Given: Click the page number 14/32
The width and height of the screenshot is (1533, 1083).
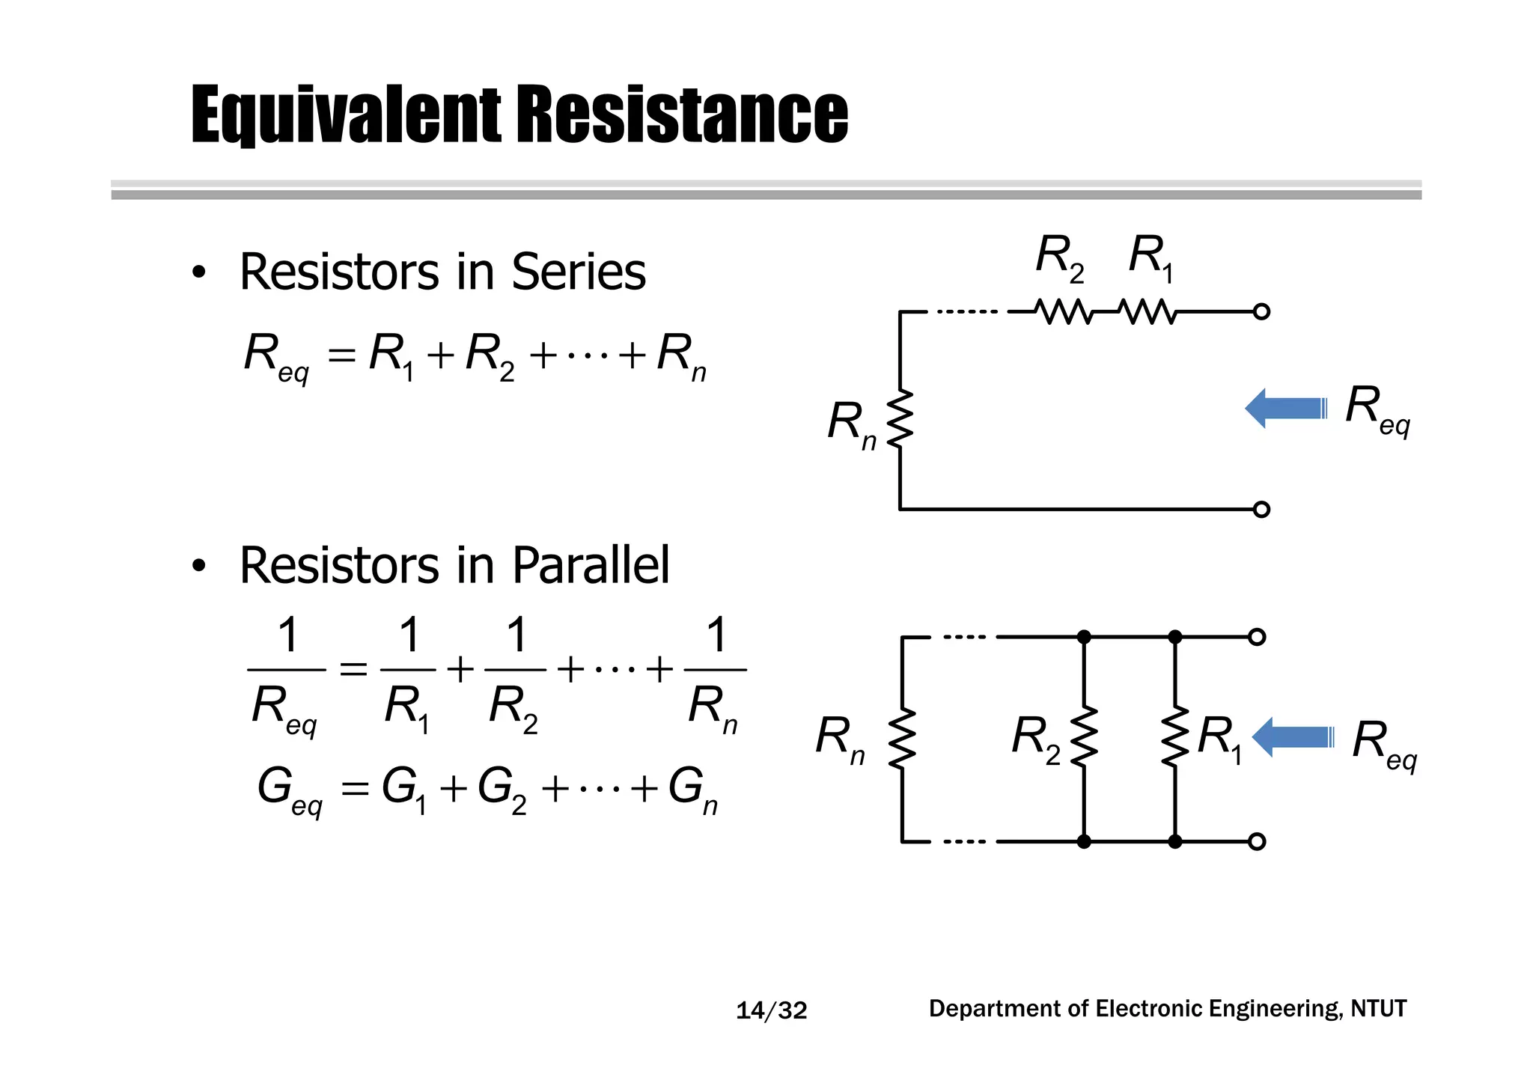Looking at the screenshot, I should pyautogui.click(x=772, y=1010).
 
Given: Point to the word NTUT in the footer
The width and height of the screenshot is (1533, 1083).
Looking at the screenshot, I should pyautogui.click(x=1379, y=1009).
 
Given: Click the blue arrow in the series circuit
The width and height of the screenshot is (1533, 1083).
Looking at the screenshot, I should pyautogui.click(x=1285, y=409).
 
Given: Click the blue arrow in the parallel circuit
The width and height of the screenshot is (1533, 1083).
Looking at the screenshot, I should pyautogui.click(x=1293, y=737).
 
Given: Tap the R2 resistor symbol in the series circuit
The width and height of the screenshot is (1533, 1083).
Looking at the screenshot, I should pyautogui.click(x=1064, y=311).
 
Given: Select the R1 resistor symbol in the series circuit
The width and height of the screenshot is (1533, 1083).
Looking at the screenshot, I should pyautogui.click(x=1148, y=311).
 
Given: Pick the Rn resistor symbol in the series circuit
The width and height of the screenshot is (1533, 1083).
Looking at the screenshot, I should pyautogui.click(x=900, y=419).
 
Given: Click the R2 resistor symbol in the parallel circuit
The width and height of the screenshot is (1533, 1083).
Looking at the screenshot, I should pyautogui.click(x=1084, y=737).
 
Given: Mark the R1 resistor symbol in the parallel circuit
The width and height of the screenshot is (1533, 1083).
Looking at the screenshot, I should pyautogui.click(x=1175, y=737).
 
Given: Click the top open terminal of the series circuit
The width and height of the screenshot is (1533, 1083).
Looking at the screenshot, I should pyautogui.click(x=1261, y=311).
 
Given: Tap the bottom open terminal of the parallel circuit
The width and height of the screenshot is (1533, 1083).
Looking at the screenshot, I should pyautogui.click(x=1258, y=841).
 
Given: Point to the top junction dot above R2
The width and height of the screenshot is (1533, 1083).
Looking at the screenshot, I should pyautogui.click(x=1084, y=637).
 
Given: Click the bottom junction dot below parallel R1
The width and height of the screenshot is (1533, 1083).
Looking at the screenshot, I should pyautogui.click(x=1175, y=841).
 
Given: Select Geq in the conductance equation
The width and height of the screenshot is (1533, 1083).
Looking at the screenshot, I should pyautogui.click(x=289, y=790).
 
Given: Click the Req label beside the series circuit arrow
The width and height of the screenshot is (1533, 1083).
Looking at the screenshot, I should pyautogui.click(x=1377, y=409).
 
